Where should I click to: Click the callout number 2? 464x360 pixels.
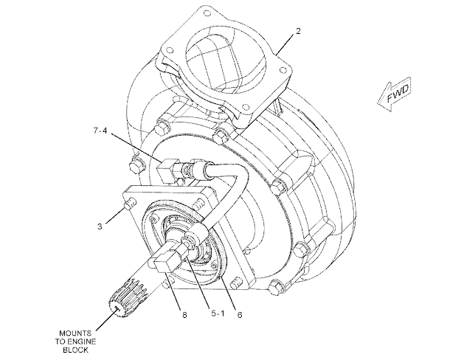[298, 31]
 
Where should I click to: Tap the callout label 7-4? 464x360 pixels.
[100, 130]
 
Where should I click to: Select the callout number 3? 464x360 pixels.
[100, 226]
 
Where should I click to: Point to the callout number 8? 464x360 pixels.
[184, 315]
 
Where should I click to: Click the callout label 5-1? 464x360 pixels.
[218, 314]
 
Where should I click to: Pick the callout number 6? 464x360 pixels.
[240, 315]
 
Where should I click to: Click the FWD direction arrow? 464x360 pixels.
[395, 94]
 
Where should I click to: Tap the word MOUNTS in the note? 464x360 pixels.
[75, 333]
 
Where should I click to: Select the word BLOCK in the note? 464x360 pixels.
[75, 350]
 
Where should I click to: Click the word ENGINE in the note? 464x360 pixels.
[81, 342]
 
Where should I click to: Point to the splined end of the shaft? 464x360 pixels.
[127, 298]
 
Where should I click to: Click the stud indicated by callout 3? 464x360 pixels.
[130, 204]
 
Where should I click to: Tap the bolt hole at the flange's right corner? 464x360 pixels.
[283, 70]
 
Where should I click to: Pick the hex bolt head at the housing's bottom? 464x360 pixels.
[276, 287]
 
